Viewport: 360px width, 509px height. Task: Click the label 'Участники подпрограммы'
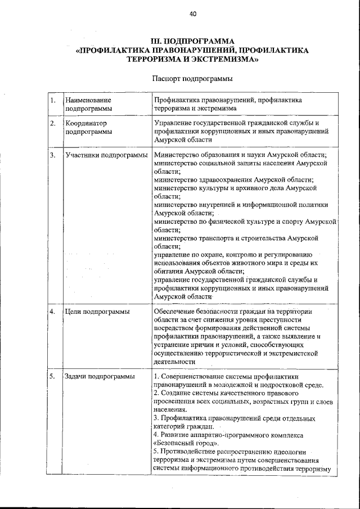point(106,155)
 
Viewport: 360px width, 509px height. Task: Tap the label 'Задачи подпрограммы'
point(100,376)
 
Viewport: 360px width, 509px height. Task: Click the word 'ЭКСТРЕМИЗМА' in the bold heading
point(225,58)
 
